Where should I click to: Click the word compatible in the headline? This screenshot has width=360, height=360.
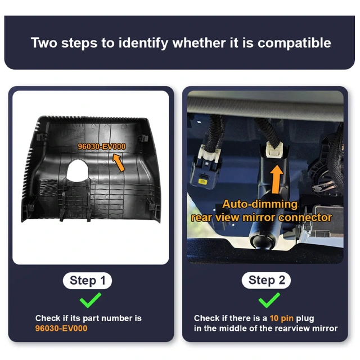point(294,43)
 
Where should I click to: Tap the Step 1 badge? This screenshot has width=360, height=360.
point(87,281)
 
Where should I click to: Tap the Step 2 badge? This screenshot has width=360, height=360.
point(266,280)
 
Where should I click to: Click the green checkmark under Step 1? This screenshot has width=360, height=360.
point(90,300)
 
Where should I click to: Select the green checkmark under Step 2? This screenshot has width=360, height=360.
point(269,300)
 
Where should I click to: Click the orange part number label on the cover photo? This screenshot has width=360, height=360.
point(102,146)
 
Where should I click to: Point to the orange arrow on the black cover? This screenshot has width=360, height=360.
point(119,163)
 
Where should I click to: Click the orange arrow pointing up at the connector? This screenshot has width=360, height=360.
point(277,179)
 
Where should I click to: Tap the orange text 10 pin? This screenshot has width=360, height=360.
point(281,318)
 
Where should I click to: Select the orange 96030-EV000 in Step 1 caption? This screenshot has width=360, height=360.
point(61,328)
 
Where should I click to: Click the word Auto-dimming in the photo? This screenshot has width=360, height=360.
point(260,204)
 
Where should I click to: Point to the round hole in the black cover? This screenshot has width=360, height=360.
point(78,170)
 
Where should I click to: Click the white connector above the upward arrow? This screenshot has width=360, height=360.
point(274,150)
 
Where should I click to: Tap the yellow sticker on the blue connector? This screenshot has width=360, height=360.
point(202,182)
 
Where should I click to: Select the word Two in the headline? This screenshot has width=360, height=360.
point(44,43)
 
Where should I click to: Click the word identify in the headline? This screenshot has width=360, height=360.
point(143,43)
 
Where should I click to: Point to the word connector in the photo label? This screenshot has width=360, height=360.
point(305,218)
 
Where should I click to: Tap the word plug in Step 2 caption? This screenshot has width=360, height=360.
point(305,319)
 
